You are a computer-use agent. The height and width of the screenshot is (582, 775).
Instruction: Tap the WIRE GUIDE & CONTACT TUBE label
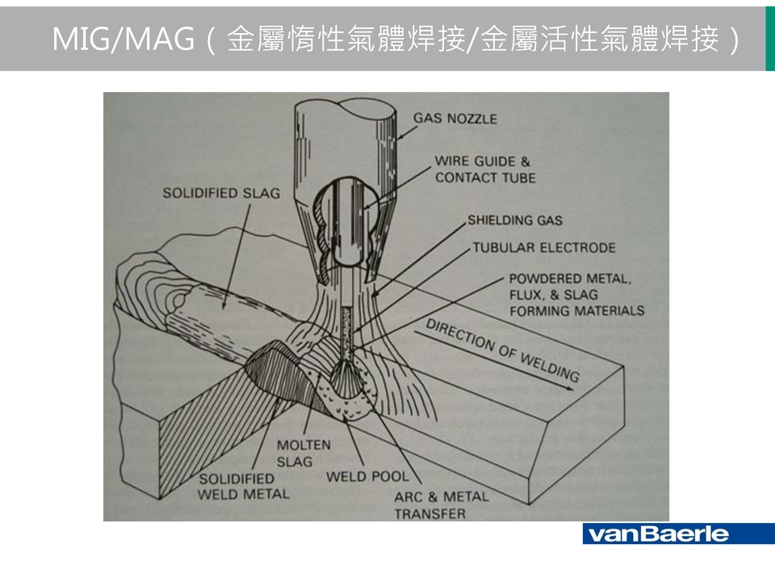click(x=484, y=170)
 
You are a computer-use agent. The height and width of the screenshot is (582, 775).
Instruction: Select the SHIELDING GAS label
click(x=514, y=220)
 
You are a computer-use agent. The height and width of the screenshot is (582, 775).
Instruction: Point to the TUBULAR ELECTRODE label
click(x=543, y=247)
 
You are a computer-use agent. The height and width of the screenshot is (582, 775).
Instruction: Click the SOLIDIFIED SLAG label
click(x=221, y=193)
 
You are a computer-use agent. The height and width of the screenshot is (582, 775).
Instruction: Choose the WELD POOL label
click(x=367, y=477)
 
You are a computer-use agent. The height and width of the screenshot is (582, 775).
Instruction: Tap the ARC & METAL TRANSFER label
click(x=441, y=504)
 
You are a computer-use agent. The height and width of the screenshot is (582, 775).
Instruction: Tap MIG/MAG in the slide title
click(x=121, y=39)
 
